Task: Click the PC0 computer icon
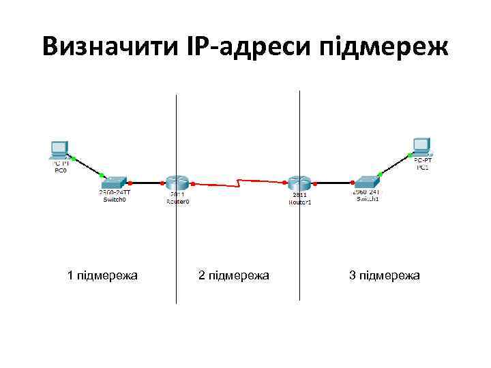point(59,150)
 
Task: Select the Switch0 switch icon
point(115,182)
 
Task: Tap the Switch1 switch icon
point(366,182)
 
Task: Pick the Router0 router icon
point(176,182)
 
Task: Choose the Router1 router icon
point(299,182)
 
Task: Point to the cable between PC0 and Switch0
point(87,167)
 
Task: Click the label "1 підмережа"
point(102,275)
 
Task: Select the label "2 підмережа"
point(233,275)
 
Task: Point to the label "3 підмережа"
point(385,275)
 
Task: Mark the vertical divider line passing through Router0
point(177,259)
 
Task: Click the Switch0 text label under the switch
point(115,200)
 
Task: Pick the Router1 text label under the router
point(299,202)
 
